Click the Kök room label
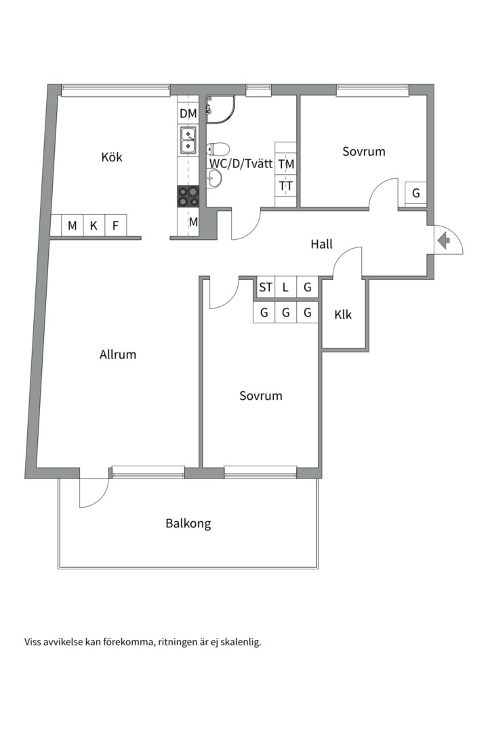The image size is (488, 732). (x=112, y=157)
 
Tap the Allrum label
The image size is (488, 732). (x=118, y=354)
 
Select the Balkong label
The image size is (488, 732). (x=188, y=523)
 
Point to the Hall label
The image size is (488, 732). (x=321, y=244)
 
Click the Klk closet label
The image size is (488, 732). (x=343, y=314)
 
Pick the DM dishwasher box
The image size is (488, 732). (x=188, y=113)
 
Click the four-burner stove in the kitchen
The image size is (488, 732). (x=188, y=197)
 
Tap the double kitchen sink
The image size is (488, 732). (x=188, y=140)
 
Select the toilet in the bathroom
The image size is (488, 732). (x=218, y=149)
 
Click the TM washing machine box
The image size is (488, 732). (x=286, y=164)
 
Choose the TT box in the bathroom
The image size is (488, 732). (x=286, y=186)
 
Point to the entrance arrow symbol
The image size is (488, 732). (x=444, y=241)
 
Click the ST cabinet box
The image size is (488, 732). (x=265, y=287)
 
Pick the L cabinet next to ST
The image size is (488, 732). (x=286, y=287)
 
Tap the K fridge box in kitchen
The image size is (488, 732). (x=94, y=226)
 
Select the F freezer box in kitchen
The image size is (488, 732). (x=115, y=226)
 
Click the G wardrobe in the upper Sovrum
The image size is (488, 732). (x=415, y=192)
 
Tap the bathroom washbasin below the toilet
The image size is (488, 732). (x=214, y=178)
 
